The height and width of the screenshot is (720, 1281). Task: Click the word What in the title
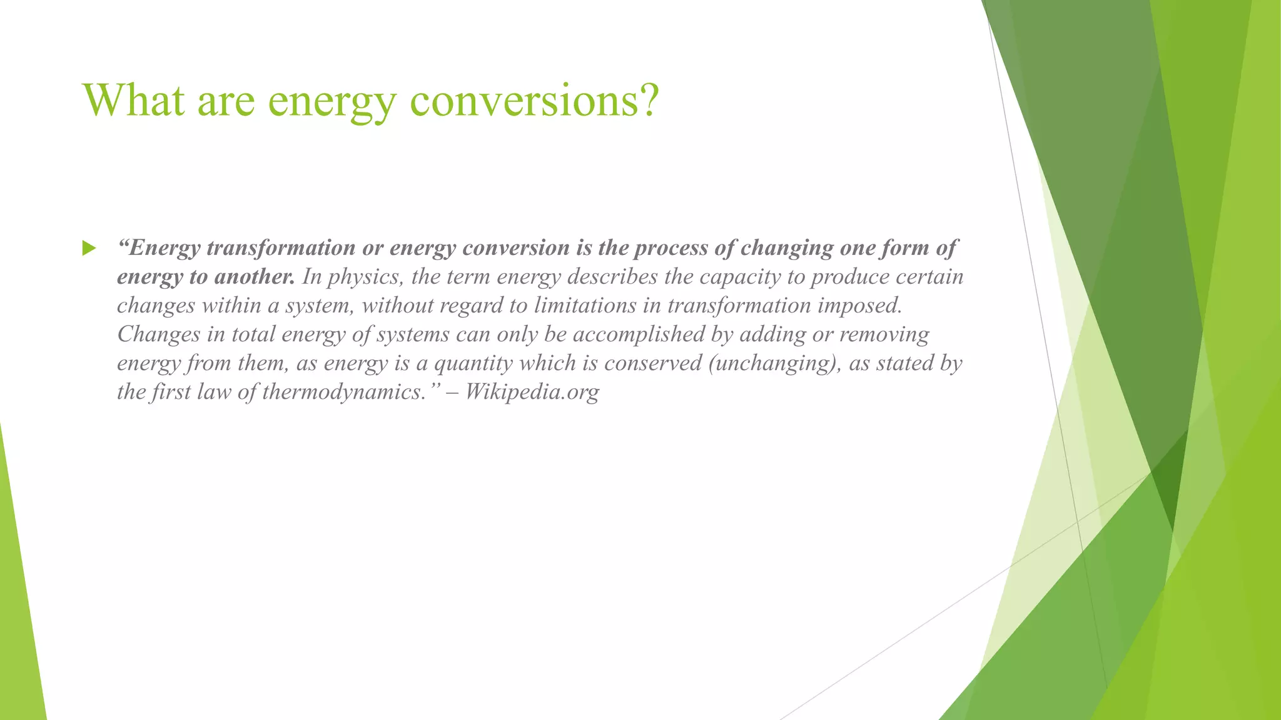[x=133, y=100]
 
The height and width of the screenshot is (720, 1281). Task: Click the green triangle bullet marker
[x=89, y=249]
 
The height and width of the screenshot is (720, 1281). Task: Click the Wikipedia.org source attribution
[x=532, y=391]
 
